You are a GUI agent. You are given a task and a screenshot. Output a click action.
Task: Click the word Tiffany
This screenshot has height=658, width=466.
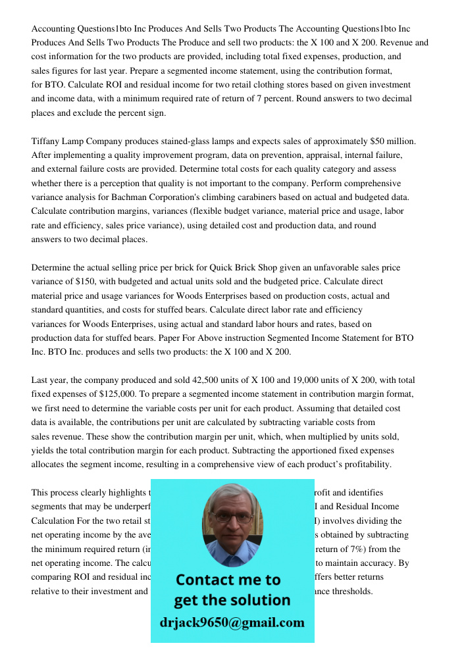click(47, 141)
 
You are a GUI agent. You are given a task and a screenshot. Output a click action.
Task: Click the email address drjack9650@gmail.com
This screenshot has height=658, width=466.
click(232, 622)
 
